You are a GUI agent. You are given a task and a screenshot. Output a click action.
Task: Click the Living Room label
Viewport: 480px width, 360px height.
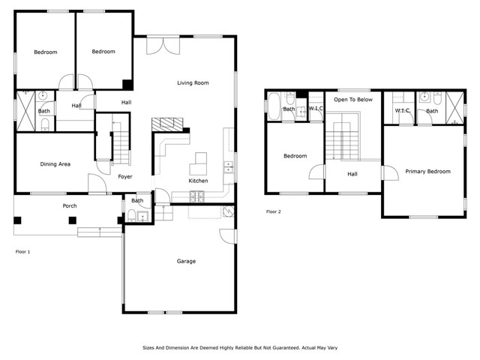point(193,82)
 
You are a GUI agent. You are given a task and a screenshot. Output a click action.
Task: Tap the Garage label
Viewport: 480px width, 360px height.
point(186,261)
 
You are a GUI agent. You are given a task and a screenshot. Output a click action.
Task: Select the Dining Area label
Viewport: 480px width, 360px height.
point(55,163)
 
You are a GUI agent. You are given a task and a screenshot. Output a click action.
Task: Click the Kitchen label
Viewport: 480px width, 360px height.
point(198,181)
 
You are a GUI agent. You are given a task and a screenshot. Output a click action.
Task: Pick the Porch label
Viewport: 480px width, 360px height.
point(69,205)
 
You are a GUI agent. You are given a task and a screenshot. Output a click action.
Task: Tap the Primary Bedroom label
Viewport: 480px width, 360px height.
point(427,171)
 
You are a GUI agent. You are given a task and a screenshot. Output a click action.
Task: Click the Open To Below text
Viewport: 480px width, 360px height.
point(352,98)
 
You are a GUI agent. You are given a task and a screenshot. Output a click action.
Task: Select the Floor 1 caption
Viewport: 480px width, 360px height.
point(23,251)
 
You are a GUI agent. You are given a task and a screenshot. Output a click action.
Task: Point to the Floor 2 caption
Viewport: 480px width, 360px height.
point(274,211)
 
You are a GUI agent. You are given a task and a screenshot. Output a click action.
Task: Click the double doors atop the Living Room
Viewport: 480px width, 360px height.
point(163,45)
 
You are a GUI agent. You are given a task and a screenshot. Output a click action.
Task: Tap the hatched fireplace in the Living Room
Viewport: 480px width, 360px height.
point(166,124)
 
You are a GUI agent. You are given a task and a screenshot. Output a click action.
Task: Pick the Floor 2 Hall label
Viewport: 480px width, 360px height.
point(352,174)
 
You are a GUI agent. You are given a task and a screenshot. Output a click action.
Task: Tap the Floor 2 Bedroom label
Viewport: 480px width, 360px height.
point(295,156)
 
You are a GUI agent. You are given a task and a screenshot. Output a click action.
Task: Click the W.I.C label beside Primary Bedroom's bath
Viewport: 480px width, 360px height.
point(401,111)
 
